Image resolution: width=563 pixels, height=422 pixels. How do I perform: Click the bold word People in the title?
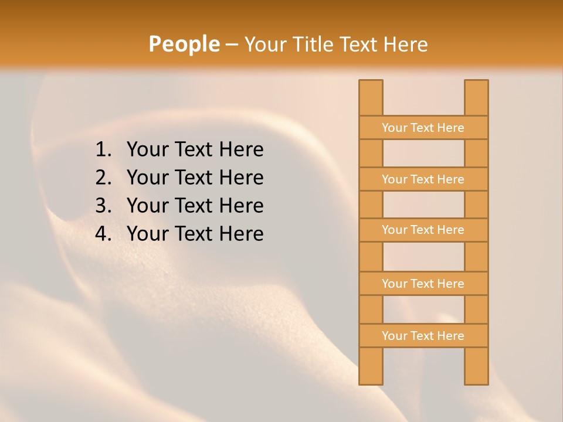(184, 45)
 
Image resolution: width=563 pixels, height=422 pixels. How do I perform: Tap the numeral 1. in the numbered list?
(103, 150)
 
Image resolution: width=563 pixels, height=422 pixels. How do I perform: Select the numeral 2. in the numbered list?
(103, 178)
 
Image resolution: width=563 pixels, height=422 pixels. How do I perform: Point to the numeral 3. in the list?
(103, 206)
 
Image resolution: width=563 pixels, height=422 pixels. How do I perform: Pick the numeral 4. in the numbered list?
(103, 234)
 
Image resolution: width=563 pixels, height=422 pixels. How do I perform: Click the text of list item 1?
(195, 150)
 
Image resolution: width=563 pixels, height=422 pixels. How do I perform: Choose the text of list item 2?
(195, 178)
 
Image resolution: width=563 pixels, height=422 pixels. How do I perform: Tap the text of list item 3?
(195, 206)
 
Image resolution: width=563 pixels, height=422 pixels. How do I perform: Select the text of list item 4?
(195, 234)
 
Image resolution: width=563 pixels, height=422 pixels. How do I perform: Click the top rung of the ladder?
(423, 128)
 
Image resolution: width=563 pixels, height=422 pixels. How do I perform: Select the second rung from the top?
(423, 179)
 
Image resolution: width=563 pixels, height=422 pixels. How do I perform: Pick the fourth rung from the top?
(423, 284)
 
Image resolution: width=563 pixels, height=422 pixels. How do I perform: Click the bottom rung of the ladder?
(423, 336)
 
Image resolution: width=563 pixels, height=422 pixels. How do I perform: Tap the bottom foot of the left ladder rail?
(371, 378)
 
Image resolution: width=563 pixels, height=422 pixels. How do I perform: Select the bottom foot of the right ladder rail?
(476, 378)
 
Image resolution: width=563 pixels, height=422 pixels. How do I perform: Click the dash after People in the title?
(232, 45)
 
